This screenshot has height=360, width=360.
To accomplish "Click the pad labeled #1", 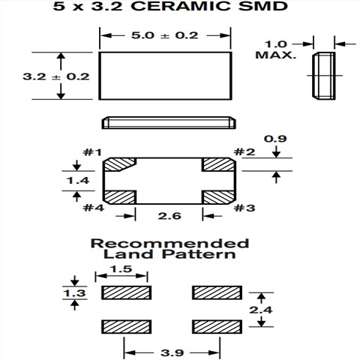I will coord(118,164).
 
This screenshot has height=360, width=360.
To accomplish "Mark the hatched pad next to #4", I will coord(118,197).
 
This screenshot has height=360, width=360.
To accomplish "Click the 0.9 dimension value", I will coord(277,138).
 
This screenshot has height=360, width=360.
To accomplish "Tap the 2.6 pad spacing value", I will coord(168,216).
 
